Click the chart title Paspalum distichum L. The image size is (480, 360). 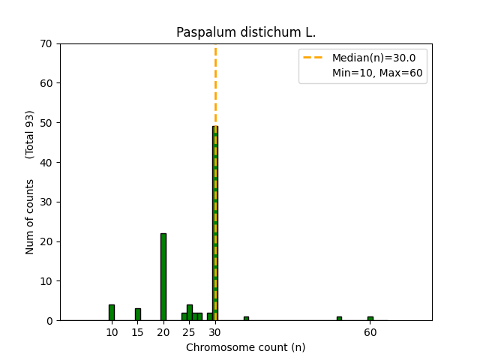[245, 33]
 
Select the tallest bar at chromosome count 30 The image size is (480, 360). [215, 225]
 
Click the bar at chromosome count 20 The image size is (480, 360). [163, 277]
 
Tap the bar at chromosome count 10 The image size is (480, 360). [112, 312]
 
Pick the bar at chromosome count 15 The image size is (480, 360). [138, 314]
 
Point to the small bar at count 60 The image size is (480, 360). [370, 319]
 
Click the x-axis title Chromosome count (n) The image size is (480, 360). [245, 347]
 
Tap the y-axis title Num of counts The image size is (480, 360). [30, 217]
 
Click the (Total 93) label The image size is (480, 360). [30, 134]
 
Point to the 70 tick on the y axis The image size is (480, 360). [46, 43]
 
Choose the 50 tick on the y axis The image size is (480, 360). [46, 123]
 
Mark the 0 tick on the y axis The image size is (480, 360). [49, 321]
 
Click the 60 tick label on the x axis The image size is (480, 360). [370, 332]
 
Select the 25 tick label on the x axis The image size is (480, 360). [189, 332]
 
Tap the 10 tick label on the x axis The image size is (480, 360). [112, 332]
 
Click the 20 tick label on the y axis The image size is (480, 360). [46, 241]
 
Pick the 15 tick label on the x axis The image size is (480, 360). [138, 332]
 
